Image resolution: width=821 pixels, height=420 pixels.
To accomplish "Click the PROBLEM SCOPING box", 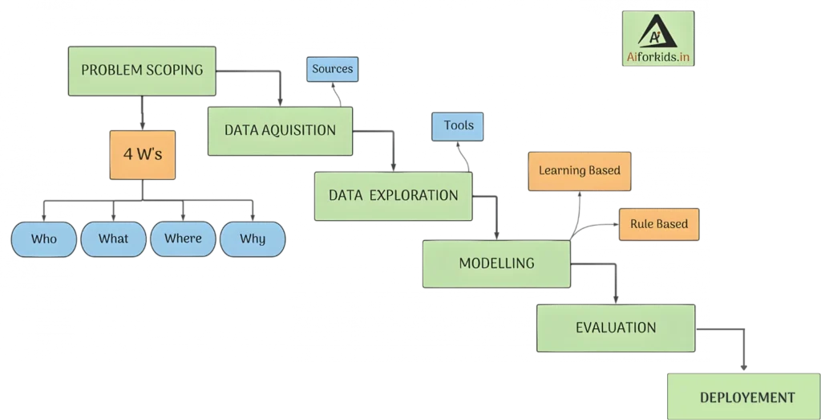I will tap(142, 70).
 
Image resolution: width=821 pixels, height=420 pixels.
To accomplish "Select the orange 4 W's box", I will tap(143, 153).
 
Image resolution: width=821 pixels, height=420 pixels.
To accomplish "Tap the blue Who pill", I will tap(44, 239).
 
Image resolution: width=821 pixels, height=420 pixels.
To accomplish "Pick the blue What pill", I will tap(113, 239).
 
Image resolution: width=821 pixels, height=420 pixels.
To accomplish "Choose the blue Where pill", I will tap(183, 239).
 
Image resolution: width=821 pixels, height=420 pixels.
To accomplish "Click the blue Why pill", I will tap(253, 239).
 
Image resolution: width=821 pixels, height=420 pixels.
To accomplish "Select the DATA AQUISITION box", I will tap(280, 130).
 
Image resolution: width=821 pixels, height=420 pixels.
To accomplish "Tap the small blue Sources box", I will tap(332, 69).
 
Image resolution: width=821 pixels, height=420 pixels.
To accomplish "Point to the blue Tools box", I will tap(458, 126).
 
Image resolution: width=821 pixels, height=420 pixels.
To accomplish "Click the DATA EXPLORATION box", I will tap(393, 195).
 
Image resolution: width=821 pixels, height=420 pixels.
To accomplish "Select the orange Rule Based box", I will tap(658, 224).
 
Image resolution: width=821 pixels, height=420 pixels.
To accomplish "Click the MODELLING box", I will tap(496, 263).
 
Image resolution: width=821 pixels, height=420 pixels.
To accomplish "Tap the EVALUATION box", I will tap(615, 328).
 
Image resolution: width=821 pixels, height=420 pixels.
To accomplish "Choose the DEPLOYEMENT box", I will tap(746, 398).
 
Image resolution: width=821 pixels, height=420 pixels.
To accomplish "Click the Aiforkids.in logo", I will tap(658, 38).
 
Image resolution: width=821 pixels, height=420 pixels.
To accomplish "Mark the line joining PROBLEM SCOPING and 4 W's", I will tap(143, 113).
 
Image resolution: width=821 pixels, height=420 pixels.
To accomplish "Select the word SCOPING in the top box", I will tap(174, 70).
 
